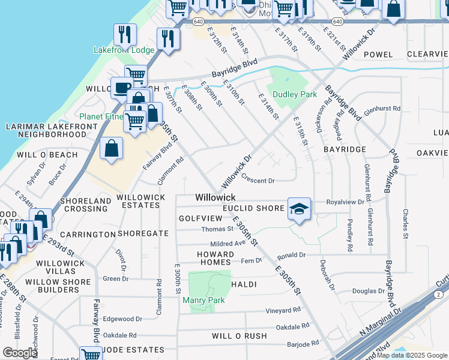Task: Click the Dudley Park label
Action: point(294,94)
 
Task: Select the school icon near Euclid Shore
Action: point(299,208)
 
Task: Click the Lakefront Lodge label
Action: point(124,50)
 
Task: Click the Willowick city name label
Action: point(215,197)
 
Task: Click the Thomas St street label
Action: point(217,229)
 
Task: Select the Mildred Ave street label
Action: point(228,244)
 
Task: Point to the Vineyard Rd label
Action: point(283,310)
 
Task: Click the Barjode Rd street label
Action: point(303,344)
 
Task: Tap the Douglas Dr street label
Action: point(368,291)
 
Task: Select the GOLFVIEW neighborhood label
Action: point(200,218)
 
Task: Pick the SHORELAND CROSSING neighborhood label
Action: point(87,205)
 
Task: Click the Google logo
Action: point(19,352)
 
